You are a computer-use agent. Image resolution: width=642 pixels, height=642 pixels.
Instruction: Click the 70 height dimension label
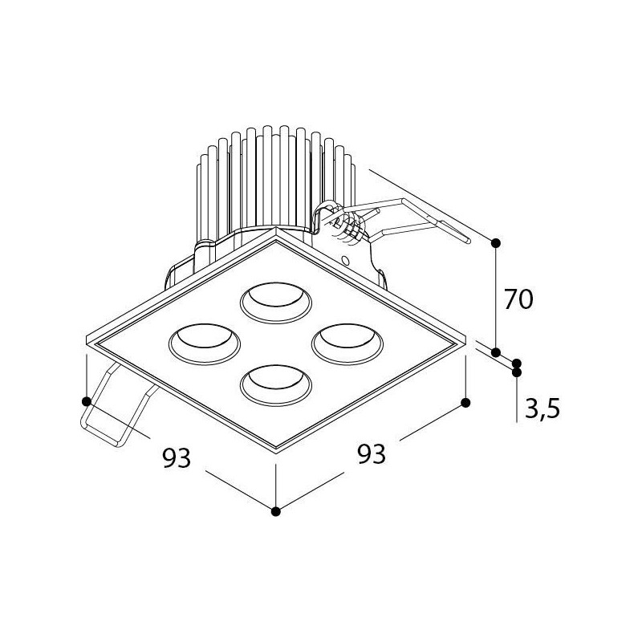click(x=518, y=299)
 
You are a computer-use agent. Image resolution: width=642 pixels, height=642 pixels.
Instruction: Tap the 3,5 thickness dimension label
click(x=542, y=408)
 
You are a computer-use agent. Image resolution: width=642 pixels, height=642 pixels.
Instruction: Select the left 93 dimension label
click(x=177, y=457)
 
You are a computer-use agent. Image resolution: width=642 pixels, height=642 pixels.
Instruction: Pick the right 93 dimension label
click(x=372, y=453)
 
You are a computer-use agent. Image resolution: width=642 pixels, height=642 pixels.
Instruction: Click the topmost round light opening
click(x=276, y=303)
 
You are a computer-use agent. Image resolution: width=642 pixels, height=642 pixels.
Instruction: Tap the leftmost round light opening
click(x=205, y=344)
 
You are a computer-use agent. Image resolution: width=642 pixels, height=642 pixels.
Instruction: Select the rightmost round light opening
click(x=347, y=344)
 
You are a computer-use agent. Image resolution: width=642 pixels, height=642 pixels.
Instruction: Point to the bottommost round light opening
click(x=276, y=386)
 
